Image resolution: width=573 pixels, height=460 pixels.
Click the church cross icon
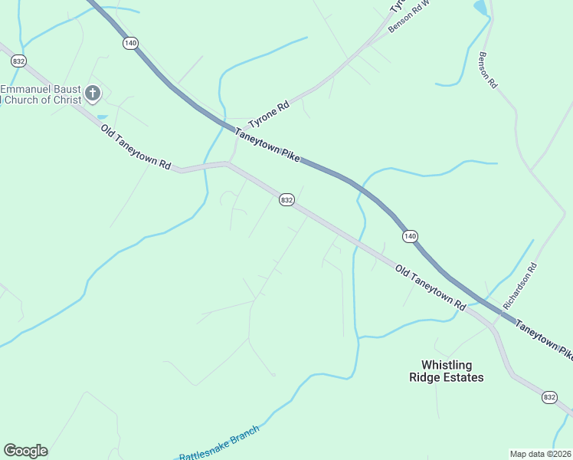click(92, 94)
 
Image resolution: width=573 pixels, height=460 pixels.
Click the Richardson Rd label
click(522, 287)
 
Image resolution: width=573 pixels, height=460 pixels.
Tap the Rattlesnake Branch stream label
click(219, 444)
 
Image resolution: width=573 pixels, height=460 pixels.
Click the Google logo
click(25, 451)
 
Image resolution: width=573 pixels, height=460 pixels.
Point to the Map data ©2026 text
click(540, 453)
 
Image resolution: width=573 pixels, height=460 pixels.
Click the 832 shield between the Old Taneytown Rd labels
click(286, 199)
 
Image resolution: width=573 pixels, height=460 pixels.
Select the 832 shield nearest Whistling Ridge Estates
click(549, 396)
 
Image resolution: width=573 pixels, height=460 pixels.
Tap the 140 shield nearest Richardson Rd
click(411, 236)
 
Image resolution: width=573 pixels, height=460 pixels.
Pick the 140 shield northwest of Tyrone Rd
click(130, 44)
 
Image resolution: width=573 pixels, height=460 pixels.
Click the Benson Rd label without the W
click(488, 70)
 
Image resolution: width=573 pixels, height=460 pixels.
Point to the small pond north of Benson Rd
click(480, 8)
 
